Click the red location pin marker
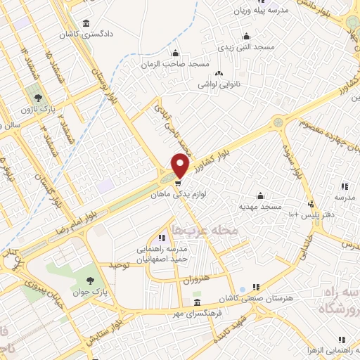point(180,165)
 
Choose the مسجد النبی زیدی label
point(245,46)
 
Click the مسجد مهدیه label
point(260,206)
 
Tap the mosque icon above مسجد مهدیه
point(260,195)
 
